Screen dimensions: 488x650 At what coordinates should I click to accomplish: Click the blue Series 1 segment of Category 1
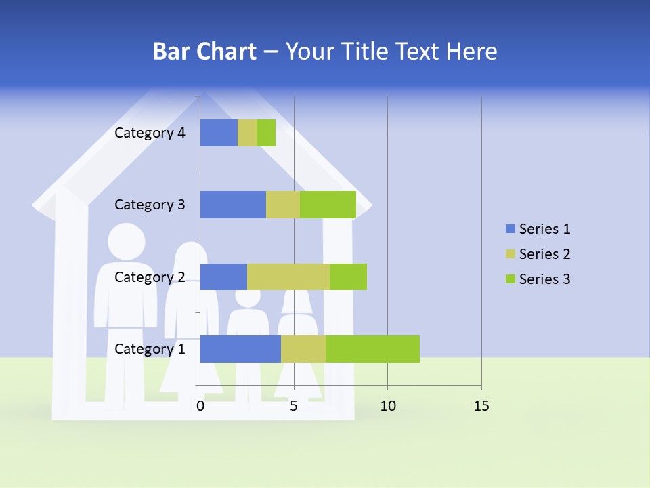coord(240,349)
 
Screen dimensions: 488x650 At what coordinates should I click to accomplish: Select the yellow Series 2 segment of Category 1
coord(303,349)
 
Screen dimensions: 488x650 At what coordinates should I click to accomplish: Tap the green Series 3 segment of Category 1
coord(372,349)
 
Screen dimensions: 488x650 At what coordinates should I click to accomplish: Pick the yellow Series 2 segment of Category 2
coord(288,277)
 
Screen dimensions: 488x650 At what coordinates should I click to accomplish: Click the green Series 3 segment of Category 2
coord(348,277)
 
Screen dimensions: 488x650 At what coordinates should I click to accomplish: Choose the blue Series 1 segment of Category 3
coord(233,205)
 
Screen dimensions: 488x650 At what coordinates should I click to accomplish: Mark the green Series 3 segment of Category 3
coord(328,205)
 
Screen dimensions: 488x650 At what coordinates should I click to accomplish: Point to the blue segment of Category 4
coord(219,133)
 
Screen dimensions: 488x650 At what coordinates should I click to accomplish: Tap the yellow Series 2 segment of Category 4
coord(247,133)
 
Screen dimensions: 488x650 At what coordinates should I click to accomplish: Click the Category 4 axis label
coord(150,133)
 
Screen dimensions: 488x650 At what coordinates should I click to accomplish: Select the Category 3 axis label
coord(150,205)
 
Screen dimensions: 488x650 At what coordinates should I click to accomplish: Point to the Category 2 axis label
coord(150,277)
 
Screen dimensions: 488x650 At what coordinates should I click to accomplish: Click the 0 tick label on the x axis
coord(200,406)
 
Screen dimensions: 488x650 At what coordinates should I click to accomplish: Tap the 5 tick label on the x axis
coord(294,406)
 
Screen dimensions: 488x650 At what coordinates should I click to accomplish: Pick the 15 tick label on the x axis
coord(481,406)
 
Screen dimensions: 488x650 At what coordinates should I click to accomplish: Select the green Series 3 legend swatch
coord(510,279)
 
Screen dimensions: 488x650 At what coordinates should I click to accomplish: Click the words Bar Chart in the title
coord(204,52)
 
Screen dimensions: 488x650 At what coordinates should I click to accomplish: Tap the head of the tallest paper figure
coord(127,242)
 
